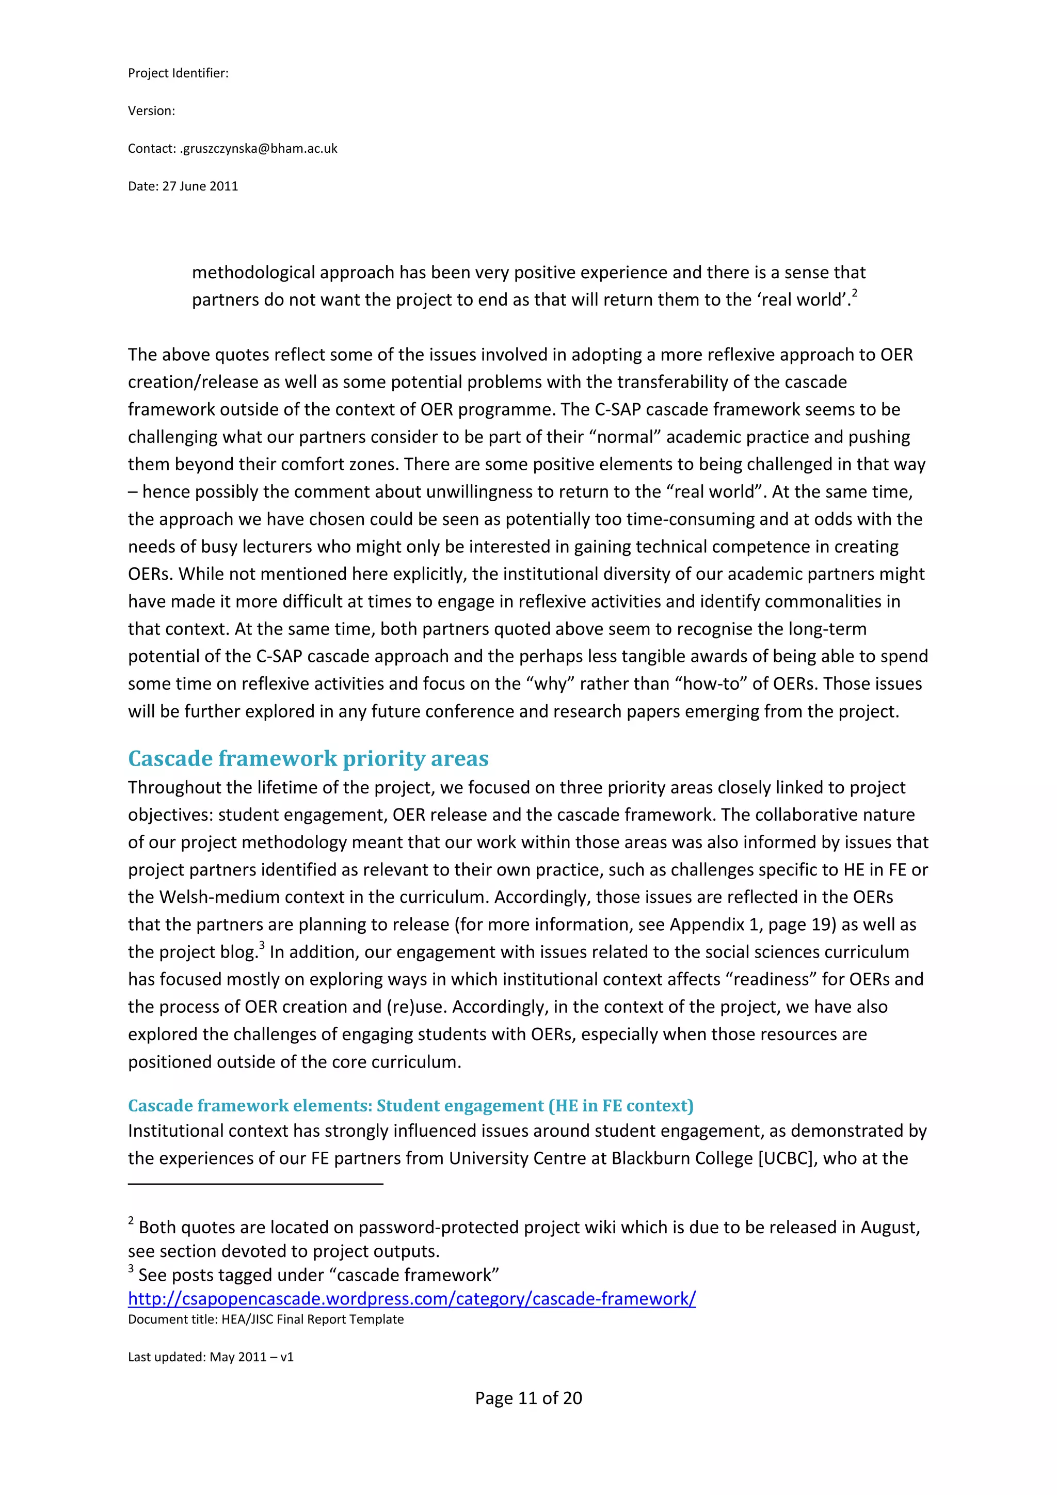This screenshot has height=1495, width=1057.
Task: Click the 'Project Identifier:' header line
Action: tap(178, 73)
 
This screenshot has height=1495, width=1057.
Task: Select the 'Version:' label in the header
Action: tap(151, 110)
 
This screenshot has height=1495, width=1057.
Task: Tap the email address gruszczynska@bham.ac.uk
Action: tap(259, 149)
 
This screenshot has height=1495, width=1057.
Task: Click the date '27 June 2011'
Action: tap(200, 186)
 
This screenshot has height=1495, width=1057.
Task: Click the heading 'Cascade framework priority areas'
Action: tap(308, 758)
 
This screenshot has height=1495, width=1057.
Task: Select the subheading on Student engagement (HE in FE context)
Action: tap(410, 1106)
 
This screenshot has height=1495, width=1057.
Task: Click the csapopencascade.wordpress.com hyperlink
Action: tap(411, 1298)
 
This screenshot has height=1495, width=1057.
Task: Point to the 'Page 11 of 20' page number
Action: tap(528, 1398)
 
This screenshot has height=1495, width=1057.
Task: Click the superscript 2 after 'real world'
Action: tap(855, 293)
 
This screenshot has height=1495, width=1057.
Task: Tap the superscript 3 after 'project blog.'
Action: tap(262, 945)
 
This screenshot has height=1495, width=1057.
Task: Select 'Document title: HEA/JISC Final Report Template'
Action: tap(266, 1319)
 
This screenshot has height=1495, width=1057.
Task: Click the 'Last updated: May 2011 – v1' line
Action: tap(210, 1357)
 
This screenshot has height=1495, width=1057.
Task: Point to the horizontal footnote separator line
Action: tap(255, 1184)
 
